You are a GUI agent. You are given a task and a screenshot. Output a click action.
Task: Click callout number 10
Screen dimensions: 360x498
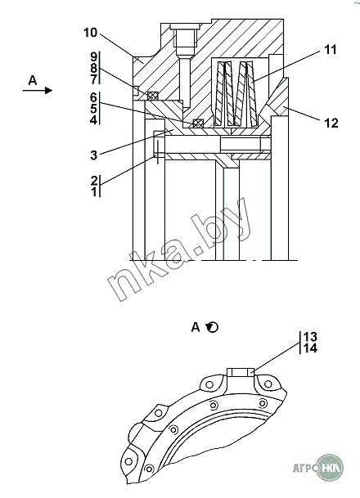pyautogui.click(x=90, y=33)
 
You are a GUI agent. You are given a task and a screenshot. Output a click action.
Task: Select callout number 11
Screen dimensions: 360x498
pyautogui.click(x=330, y=50)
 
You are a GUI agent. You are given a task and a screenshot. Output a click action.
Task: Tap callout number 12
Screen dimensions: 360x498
pyautogui.click(x=331, y=123)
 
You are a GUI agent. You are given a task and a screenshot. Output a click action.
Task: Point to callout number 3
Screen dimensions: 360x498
pyautogui.click(x=93, y=155)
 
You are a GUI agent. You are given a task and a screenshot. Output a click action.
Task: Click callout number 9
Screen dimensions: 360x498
pyautogui.click(x=93, y=57)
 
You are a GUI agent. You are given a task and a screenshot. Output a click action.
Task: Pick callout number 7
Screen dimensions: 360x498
pyautogui.click(x=93, y=79)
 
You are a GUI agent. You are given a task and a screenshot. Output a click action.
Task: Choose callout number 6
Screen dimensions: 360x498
pyautogui.click(x=93, y=97)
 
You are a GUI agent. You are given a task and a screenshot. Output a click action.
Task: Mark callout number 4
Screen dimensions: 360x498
pyautogui.click(x=93, y=120)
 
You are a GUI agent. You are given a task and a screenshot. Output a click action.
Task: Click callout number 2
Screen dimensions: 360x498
pyautogui.click(x=94, y=181)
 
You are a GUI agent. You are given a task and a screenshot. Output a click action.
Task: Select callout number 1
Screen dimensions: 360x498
pyautogui.click(x=94, y=192)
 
